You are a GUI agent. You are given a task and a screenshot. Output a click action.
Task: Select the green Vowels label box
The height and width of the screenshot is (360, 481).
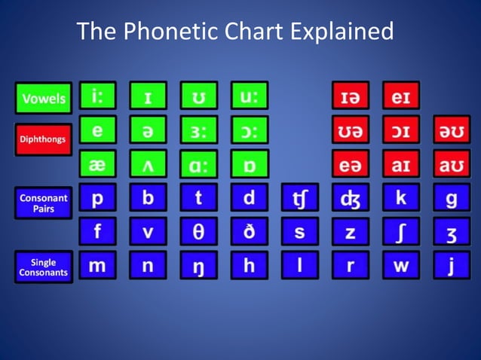coord(43,98)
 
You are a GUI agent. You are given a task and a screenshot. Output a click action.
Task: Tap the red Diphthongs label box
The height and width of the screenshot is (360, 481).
coord(43,139)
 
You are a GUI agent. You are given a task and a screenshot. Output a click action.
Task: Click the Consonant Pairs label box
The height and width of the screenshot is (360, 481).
coord(43,203)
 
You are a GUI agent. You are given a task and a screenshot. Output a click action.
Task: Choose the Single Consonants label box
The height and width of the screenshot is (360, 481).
coord(43,267)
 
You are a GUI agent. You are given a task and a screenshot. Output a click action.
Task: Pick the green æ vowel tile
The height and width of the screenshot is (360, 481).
coord(98,163)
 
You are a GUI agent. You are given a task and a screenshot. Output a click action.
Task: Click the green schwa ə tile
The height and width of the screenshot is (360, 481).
coord(148,130)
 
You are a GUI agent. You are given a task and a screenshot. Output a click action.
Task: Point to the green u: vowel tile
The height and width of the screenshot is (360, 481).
coord(250,96)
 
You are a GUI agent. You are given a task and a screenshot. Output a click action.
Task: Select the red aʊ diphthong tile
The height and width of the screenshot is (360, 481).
coord(452,163)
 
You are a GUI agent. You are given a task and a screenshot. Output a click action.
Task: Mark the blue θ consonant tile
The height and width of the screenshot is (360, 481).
coord(199,231)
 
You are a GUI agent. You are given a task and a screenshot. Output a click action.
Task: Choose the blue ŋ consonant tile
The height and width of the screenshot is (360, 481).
coord(199,265)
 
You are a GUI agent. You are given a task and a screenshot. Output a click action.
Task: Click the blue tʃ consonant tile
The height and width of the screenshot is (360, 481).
coord(299,198)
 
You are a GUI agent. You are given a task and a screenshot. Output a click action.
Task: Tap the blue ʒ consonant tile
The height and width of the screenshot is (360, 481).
coord(452,231)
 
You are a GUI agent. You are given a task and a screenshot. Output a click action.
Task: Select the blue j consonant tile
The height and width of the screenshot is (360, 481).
coord(452,265)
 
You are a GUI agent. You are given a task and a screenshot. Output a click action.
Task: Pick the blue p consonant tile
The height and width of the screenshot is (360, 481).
coord(98,198)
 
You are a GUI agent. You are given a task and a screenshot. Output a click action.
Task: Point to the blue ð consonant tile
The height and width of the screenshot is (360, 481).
coord(250,231)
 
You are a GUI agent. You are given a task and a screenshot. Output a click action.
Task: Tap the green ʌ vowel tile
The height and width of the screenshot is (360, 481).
coord(148,163)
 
